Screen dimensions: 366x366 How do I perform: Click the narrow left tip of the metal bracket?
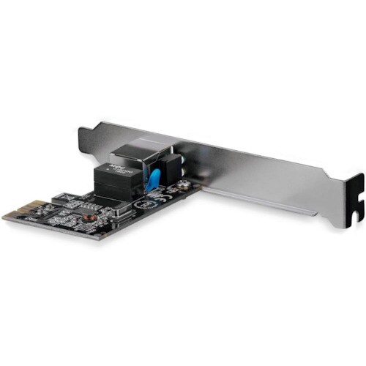[x=82, y=133]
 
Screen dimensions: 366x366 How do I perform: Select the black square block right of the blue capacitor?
[x=171, y=169]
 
